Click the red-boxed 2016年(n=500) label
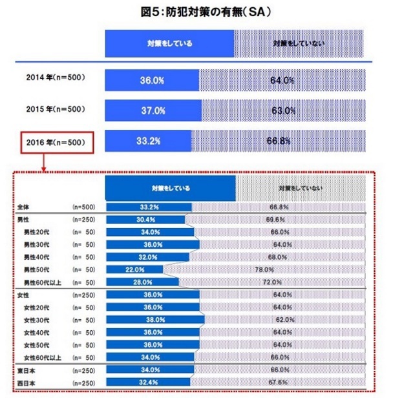[x=56, y=140]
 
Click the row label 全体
[x=25, y=207]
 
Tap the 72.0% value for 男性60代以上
[x=271, y=282]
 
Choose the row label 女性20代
[x=41, y=306]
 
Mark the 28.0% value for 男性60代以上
[x=143, y=282]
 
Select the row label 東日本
[x=28, y=370]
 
